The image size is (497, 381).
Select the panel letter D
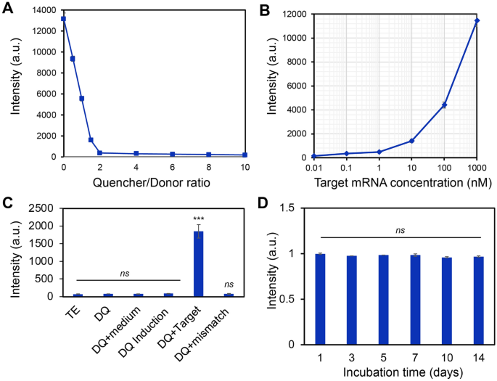(263, 202)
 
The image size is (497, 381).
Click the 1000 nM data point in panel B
(477, 20)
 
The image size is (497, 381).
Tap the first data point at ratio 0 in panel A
(64, 19)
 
